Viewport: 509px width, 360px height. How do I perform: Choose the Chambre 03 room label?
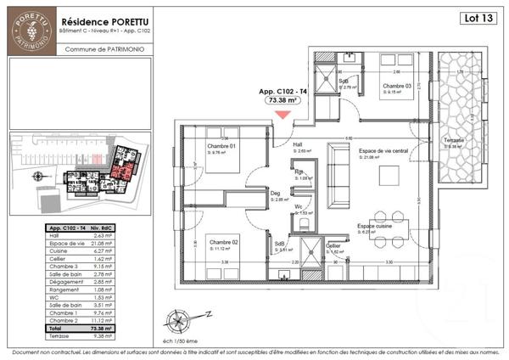(x=396, y=87)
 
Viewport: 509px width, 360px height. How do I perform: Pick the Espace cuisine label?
(x=373, y=227)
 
